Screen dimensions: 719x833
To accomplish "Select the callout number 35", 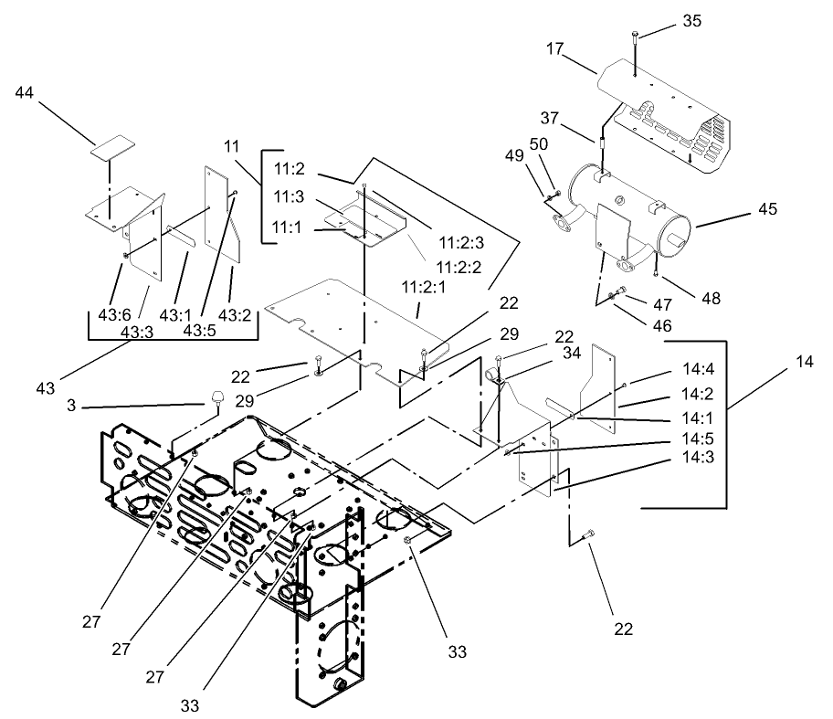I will pos(692,22).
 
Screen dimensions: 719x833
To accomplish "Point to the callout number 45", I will pos(767,209).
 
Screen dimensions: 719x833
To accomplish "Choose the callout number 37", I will pos(549,119).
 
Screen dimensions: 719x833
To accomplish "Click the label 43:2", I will pos(237,315).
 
